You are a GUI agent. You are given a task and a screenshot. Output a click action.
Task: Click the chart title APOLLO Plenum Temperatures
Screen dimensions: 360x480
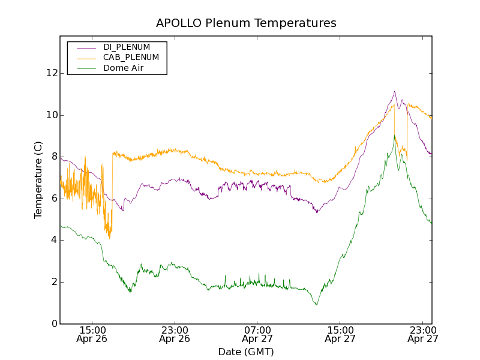coord(246,23)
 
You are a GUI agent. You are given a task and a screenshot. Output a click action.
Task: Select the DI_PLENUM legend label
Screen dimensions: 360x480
coord(127,47)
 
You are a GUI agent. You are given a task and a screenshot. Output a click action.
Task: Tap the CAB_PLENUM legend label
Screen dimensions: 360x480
coord(131,58)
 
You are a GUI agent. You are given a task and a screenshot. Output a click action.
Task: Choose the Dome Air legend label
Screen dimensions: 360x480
coord(124,68)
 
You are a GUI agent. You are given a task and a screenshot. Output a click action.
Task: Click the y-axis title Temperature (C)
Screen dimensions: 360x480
coord(38,180)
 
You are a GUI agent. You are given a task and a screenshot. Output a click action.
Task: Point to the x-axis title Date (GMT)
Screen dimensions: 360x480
coord(246,352)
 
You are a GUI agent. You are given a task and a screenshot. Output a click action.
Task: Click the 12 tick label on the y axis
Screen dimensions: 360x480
coord(52,73)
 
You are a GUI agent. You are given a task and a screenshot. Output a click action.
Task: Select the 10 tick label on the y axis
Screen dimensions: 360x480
coord(52,115)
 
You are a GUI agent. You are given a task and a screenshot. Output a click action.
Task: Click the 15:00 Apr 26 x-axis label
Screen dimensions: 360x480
coord(92,334)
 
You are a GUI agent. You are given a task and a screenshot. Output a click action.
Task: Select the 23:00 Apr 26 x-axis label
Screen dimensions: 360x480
coord(175,334)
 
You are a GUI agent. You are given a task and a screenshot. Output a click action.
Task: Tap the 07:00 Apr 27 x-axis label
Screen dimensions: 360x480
coord(257,334)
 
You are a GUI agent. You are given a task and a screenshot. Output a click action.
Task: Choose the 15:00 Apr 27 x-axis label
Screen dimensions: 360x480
coord(340,334)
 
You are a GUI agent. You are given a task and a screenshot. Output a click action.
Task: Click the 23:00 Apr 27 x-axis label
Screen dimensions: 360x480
coord(422,334)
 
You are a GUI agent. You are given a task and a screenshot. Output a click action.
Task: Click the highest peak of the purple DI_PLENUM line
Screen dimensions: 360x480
coord(394,92)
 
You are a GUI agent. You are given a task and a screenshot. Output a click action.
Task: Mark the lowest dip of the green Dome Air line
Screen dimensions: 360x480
coord(316,305)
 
